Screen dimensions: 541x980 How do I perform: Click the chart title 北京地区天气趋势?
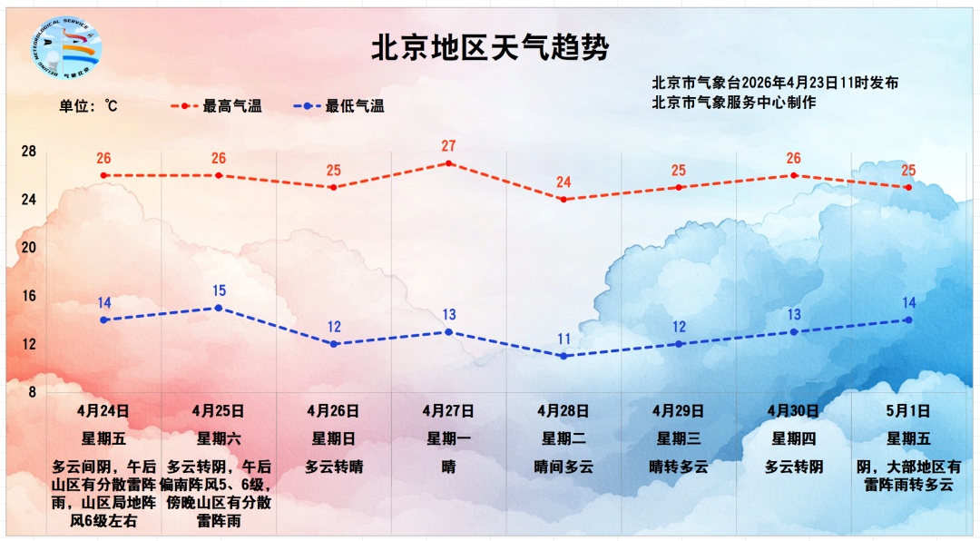point(489,48)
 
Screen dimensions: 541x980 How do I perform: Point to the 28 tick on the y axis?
point(28,151)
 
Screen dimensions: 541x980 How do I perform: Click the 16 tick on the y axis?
point(28,295)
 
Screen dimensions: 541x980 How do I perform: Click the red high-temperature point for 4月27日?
point(448,163)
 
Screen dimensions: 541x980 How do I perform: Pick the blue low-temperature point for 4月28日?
point(563,356)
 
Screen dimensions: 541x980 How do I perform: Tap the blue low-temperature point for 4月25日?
point(219,308)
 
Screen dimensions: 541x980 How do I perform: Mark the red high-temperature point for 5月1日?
point(908,187)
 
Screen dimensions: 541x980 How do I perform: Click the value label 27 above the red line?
point(448,146)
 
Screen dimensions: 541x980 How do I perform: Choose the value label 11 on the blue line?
point(563,339)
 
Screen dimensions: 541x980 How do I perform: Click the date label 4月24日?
point(103,411)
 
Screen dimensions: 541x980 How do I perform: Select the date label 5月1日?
point(908,411)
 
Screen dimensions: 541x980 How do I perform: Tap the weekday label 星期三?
point(679,439)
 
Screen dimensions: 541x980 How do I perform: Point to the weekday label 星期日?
point(334,439)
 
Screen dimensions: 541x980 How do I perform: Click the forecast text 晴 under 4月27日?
point(448,467)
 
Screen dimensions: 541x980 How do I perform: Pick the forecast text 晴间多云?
point(563,467)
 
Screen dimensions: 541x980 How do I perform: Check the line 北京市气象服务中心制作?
point(733,102)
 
